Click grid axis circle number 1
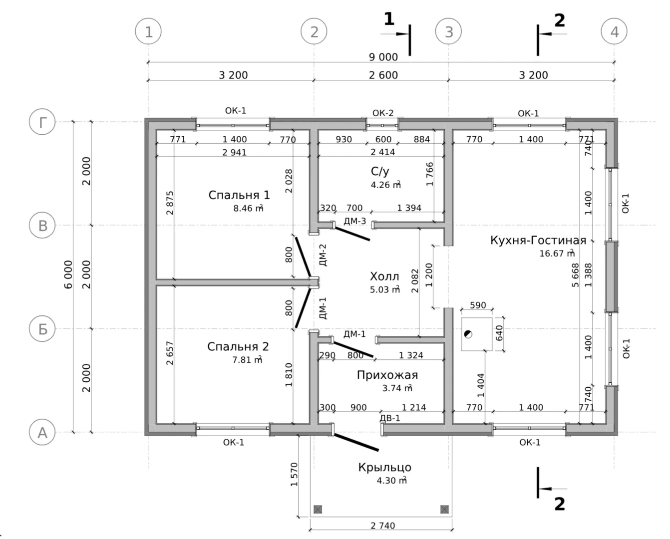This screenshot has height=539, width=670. pyautogui.click(x=149, y=32)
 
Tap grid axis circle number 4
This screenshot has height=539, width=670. pyautogui.click(x=614, y=32)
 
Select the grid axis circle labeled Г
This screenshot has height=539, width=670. pyautogui.click(x=42, y=122)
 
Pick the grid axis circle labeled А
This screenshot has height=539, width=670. pyautogui.click(x=42, y=432)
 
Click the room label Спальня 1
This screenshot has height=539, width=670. pyautogui.click(x=239, y=195)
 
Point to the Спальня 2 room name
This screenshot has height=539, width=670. pyautogui.click(x=238, y=346)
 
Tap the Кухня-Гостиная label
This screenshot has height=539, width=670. pyautogui.click(x=538, y=241)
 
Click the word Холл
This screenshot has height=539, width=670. pyautogui.click(x=384, y=276)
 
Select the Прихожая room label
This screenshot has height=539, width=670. pyautogui.click(x=387, y=375)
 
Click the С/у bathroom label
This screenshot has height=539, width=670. pyautogui.click(x=380, y=172)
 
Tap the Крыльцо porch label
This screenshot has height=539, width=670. pyautogui.click(x=384, y=468)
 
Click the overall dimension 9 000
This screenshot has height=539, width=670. pyautogui.click(x=383, y=57)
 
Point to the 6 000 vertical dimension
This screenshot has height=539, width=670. pyautogui.click(x=68, y=274)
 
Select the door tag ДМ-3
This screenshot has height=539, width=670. pyautogui.click(x=354, y=221)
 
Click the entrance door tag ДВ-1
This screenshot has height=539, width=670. pyautogui.click(x=390, y=418)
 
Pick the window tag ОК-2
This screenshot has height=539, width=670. pyautogui.click(x=383, y=113)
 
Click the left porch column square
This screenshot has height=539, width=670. pyautogui.click(x=318, y=510)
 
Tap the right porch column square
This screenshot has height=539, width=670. pyautogui.click(x=444, y=510)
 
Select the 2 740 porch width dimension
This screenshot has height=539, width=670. pyautogui.click(x=383, y=526)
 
